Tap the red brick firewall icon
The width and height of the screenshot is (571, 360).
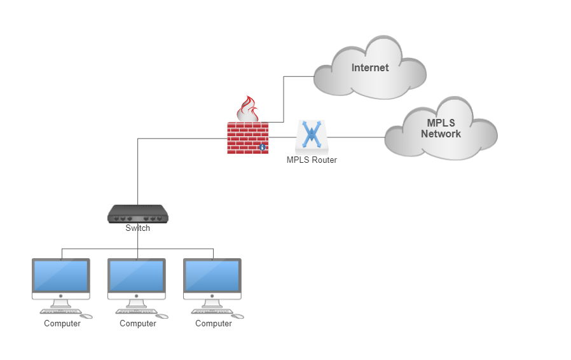248,138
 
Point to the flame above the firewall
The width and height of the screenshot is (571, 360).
248,109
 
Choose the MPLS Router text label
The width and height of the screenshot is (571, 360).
312,160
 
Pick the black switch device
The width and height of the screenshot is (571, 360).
137,214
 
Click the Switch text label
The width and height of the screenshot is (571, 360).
137,228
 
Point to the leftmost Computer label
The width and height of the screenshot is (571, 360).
62,324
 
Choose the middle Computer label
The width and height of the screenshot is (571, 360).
138,324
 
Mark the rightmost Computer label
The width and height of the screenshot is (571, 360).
214,324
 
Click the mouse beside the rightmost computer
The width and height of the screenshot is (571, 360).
238,316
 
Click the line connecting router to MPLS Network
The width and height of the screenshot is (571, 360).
356,137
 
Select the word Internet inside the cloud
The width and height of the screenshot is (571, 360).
370,68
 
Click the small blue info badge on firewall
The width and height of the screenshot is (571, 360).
262,147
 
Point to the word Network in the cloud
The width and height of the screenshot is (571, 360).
441,134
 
